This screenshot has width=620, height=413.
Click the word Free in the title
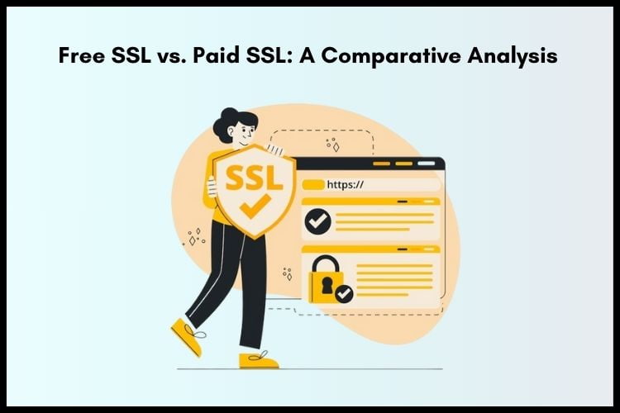point(80,57)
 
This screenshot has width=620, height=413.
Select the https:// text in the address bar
point(346,185)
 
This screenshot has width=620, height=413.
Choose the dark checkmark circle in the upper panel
point(317,221)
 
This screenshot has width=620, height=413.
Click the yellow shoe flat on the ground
point(258,359)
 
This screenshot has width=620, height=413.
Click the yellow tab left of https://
point(312,185)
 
